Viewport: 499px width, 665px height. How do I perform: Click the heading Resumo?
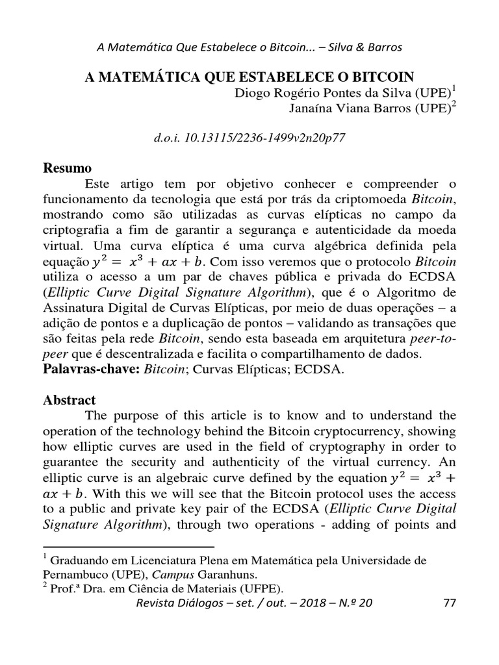click(67, 169)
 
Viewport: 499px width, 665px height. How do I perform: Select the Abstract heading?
click(69, 400)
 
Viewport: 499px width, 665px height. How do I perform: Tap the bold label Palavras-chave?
click(90, 370)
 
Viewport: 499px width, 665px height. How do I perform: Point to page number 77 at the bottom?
click(449, 603)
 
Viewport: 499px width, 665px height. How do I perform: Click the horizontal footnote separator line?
click(128, 547)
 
